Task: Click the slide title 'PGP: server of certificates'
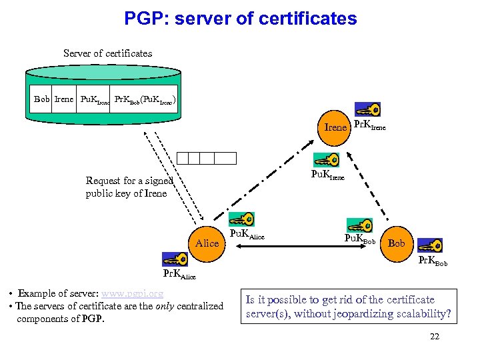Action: point(240,18)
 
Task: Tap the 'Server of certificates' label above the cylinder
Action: point(107,53)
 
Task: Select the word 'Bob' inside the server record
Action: point(42,99)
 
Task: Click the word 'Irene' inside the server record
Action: point(64,99)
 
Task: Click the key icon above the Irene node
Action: point(367,109)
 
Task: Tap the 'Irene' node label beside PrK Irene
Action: point(335,127)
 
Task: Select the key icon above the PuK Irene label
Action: point(326,160)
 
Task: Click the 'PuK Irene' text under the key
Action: point(328,176)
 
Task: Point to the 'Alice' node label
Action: point(207,243)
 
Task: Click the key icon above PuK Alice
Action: point(241,219)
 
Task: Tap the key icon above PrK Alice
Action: point(175,259)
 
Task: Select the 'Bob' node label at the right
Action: point(397,243)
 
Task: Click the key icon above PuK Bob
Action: point(359,225)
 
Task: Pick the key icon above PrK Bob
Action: point(430,246)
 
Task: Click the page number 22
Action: point(435,337)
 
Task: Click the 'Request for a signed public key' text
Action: point(129,187)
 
